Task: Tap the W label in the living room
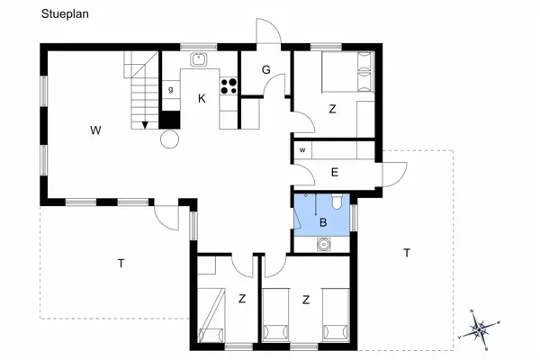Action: [94, 130]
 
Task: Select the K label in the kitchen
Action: [202, 99]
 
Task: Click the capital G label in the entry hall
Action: [266, 70]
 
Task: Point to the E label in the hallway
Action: [334, 173]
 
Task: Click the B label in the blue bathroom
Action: [322, 221]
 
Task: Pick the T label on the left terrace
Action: [121, 264]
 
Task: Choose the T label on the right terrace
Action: [407, 253]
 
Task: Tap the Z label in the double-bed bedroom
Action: [332, 109]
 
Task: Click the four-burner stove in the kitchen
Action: [229, 87]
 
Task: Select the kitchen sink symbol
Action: [199, 60]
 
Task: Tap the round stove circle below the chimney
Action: [169, 139]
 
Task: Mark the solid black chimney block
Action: [168, 120]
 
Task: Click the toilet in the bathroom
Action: [335, 202]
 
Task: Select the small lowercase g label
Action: [170, 89]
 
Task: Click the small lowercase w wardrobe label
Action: [302, 149]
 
